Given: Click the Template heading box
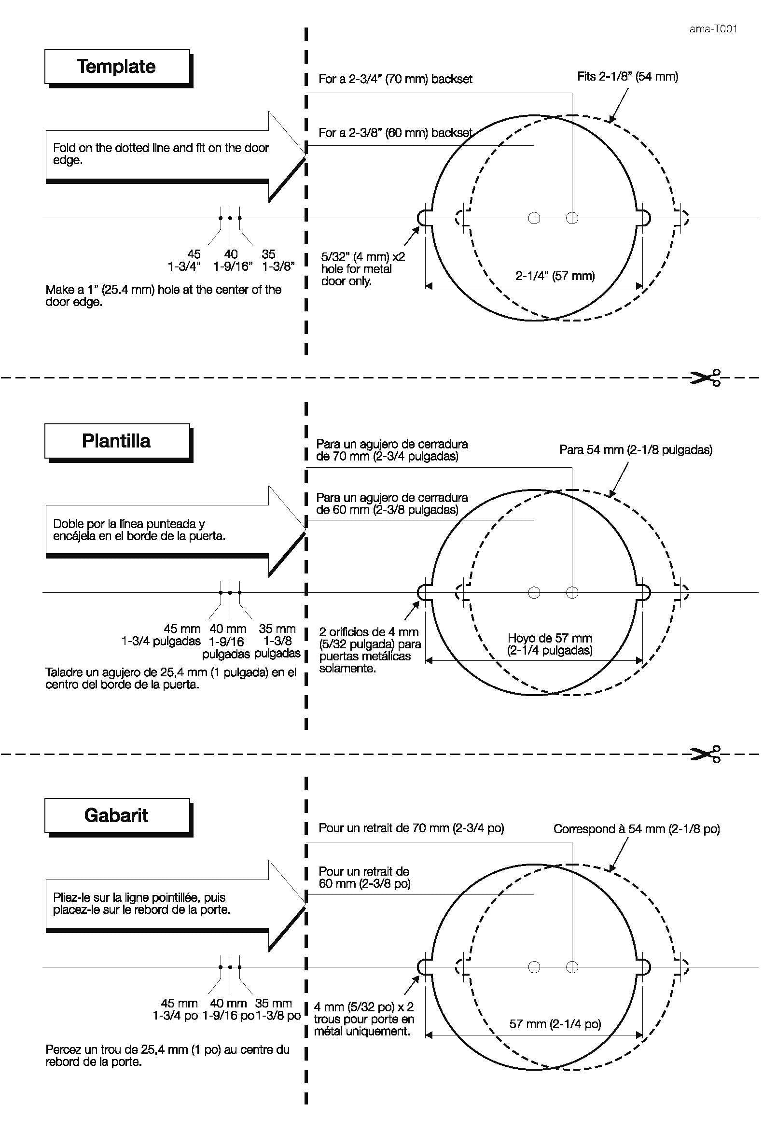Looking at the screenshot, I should (x=116, y=66).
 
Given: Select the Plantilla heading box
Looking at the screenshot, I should (x=116, y=441).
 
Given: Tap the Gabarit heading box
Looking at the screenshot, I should (x=116, y=815).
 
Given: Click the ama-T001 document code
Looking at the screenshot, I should (x=713, y=28).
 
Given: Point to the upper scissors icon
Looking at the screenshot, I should (x=705, y=377).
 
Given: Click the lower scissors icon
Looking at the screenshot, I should (x=705, y=755).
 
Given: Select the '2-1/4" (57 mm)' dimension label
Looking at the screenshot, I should (x=555, y=276).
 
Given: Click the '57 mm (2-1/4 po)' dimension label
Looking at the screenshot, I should (x=555, y=1024).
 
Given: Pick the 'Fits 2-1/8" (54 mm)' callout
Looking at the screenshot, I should (x=627, y=76).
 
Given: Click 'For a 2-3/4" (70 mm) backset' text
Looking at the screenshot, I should (x=395, y=79).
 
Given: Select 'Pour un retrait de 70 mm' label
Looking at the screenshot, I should (x=411, y=828).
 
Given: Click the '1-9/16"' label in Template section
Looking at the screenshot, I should (x=233, y=266).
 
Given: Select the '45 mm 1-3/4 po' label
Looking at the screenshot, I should (x=175, y=1009).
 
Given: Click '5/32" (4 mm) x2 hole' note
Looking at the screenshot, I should (x=363, y=269).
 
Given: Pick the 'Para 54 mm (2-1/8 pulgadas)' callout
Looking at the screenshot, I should (x=636, y=450).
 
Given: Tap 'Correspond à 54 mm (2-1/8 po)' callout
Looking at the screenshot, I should (x=636, y=829).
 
